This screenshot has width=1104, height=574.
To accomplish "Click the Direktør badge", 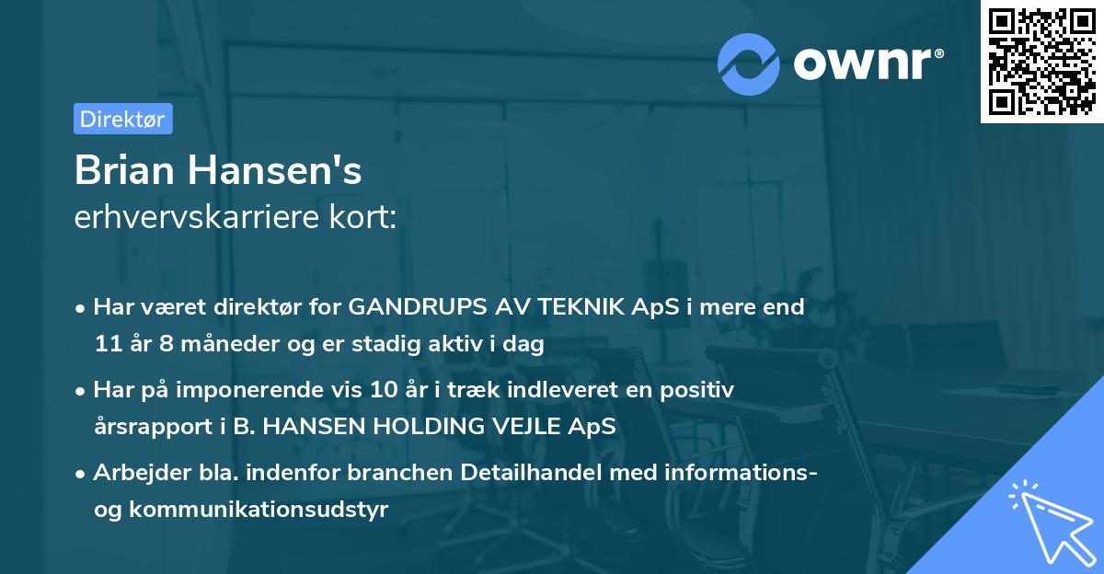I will click(x=122, y=119).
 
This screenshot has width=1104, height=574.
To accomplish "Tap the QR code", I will click(x=1041, y=61).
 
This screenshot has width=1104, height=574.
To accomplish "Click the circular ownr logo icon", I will click(x=749, y=63).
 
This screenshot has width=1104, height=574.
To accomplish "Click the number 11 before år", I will click(x=106, y=345).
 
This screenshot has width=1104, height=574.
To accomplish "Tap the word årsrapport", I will click(x=145, y=428).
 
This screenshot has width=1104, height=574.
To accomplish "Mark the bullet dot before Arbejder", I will click(x=82, y=473).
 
